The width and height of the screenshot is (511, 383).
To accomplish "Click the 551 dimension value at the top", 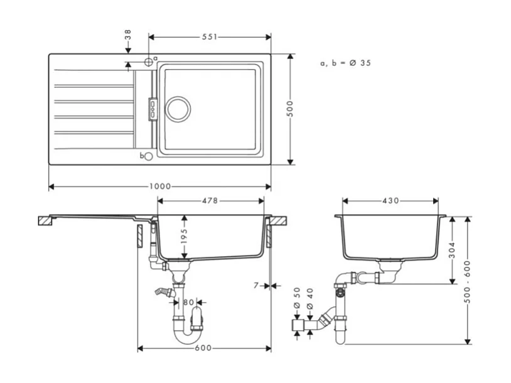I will point(210,37).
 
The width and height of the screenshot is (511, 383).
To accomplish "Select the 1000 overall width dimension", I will point(159,187).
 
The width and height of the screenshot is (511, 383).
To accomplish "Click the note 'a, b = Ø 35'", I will point(345,63).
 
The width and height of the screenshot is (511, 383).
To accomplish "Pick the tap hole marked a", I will point(149,62).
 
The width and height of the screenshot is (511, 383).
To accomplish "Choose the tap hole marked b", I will point(148,156).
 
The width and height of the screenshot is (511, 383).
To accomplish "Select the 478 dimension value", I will point(210,201).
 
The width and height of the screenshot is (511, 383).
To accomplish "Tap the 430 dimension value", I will point(390,201).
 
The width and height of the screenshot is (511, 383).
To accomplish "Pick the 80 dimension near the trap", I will point(189,302).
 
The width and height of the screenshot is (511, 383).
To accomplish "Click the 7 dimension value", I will point(256,286).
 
